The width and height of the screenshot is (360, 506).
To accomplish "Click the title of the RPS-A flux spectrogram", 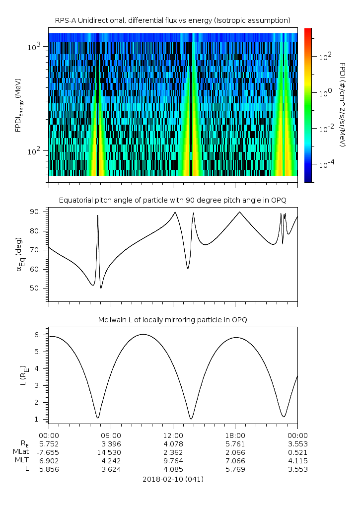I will pos(173,20).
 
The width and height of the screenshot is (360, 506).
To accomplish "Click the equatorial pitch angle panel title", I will pos(173,200).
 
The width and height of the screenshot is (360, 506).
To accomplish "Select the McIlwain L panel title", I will pos(173,320).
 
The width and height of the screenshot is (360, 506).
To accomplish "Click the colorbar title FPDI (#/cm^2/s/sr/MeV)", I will pos(343,104).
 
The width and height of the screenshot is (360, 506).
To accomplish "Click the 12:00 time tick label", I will pos(173,435).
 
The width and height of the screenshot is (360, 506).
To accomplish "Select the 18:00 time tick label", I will pos(235,435).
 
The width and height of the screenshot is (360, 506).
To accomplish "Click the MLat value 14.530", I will pos(111,452).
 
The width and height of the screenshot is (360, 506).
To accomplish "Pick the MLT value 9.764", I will pos(173,461).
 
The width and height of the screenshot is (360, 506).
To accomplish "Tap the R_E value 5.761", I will pos(235,443).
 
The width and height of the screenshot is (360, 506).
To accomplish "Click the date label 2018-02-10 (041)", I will pos(173,479).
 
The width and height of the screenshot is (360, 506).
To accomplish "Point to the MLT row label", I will pos(21,461).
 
